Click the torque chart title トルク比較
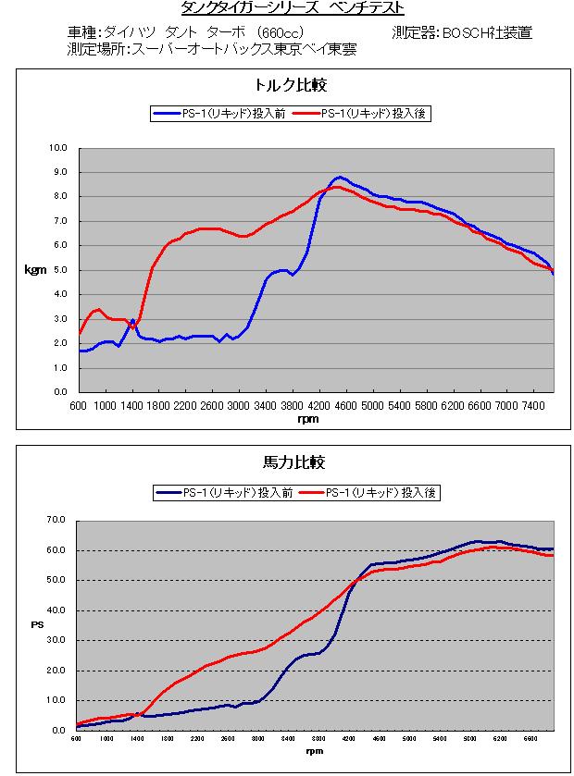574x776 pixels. [292, 85]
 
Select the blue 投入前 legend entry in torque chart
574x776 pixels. [218, 114]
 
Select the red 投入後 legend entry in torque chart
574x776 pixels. [362, 114]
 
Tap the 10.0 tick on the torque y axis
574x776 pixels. [58, 147]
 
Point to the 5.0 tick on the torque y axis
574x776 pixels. [60, 270]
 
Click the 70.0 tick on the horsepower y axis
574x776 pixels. [56, 521]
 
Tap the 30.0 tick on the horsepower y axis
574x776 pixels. [56, 640]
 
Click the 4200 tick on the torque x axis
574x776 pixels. [319, 405]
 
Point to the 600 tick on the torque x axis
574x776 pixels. [78, 405]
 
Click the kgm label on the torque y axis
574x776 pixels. [33, 270]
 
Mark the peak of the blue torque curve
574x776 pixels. [340, 177]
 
